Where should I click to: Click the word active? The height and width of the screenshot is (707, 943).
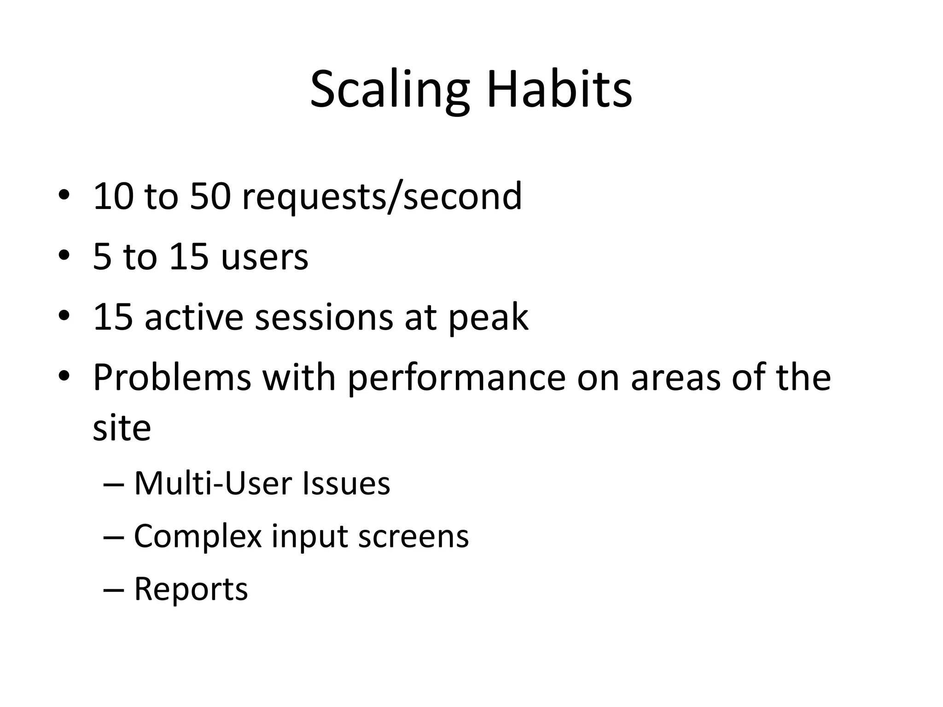point(194,317)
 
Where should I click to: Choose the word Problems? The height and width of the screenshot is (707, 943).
point(172,377)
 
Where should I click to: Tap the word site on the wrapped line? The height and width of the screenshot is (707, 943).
point(122,428)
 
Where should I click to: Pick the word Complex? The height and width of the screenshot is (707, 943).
point(198,537)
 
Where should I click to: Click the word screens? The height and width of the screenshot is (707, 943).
point(413,537)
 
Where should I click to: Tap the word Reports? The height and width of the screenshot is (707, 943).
point(191,589)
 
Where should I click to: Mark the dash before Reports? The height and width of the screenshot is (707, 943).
point(114,590)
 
